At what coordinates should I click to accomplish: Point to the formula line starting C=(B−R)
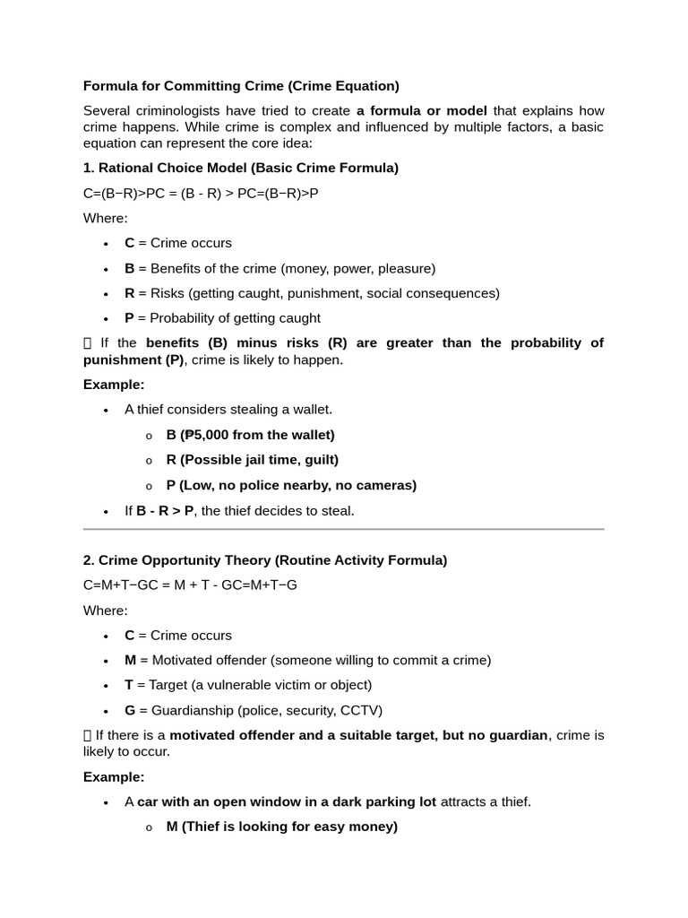click(201, 193)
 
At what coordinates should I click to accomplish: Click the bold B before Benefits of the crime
click(129, 268)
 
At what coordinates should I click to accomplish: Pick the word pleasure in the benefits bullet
click(404, 268)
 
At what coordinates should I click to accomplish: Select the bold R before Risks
click(129, 293)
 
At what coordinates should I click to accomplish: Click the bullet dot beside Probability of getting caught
click(106, 318)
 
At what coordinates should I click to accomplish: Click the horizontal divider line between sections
click(344, 529)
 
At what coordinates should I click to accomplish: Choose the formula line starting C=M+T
click(190, 585)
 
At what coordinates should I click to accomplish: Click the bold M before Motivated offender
click(130, 660)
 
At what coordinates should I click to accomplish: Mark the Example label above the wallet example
click(114, 385)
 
